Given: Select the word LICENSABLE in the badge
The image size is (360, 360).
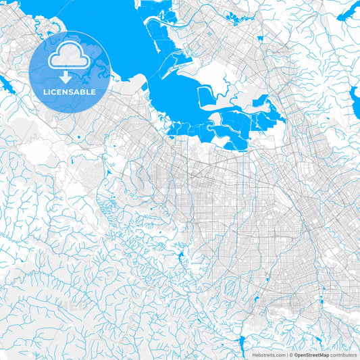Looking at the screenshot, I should click(x=70, y=92).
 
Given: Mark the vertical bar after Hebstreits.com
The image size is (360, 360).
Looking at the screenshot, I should click(x=286, y=354).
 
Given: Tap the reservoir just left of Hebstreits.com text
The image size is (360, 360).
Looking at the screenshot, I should click(x=241, y=346).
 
